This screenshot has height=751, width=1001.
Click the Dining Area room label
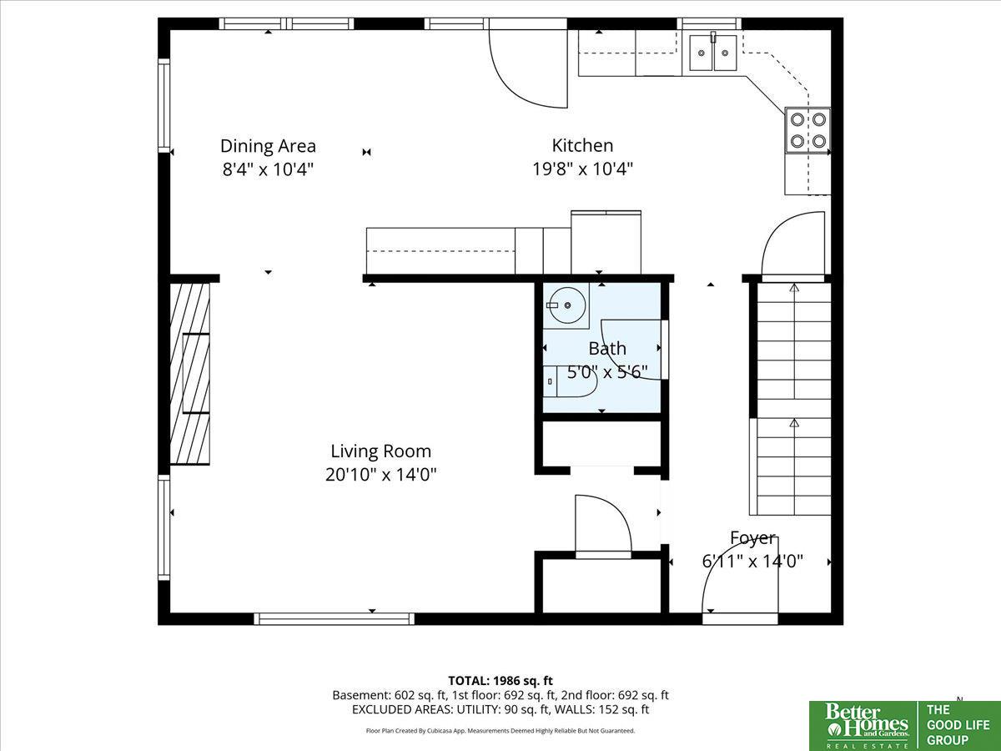[x=268, y=146]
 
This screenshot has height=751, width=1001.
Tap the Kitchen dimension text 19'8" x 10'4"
[x=582, y=169]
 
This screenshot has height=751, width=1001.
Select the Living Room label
[x=380, y=451]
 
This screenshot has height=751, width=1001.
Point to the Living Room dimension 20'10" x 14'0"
[x=380, y=475]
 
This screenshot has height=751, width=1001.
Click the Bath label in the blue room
[x=607, y=349]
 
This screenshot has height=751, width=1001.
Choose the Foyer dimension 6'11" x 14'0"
[x=752, y=561]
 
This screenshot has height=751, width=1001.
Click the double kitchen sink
[x=712, y=53]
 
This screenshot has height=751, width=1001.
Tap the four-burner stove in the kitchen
[x=807, y=130]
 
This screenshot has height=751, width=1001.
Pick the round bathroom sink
[x=566, y=305]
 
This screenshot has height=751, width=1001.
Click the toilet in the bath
[x=570, y=381]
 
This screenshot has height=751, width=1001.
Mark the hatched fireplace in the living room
[x=189, y=374]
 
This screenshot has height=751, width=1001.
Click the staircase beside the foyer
[x=791, y=399]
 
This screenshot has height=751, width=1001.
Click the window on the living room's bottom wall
[x=334, y=619]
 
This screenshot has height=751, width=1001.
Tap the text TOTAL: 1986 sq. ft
[x=500, y=681]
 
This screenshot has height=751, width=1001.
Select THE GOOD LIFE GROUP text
[x=958, y=725]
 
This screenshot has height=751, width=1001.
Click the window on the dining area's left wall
[x=163, y=105]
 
